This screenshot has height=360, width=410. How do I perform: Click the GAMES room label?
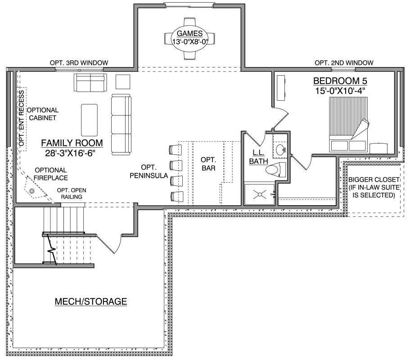coord(189,33)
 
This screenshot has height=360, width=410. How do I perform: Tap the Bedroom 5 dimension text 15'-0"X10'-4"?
coord(340,91)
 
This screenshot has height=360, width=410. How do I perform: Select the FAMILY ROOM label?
coord(72,143)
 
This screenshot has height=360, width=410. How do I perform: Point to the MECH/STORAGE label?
coord(91,301)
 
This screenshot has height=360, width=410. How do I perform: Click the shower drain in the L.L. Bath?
coord(260,194)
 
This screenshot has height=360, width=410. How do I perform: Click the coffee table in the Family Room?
coord(89,120)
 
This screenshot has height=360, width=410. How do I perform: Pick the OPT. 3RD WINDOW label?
coord(79,63)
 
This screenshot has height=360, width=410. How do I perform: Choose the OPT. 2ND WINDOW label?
coord(344,63)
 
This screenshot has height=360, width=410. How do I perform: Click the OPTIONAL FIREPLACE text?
coord(51,174)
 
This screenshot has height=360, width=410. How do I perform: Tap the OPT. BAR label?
coord(208,164)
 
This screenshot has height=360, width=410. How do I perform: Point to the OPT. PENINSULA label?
coord(149,171)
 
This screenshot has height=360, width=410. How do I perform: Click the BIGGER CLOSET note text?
coord(374,187)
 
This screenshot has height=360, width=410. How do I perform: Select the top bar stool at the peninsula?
coord(176,149)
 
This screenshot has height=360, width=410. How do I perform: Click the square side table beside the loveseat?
coord(123,82)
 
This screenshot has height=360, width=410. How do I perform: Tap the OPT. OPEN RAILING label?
coord(72,193)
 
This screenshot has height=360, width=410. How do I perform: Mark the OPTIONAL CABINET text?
coord(43,114)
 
